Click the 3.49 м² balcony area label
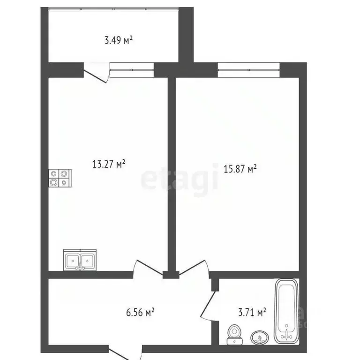pos(118,40)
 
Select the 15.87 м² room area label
pos(240,169)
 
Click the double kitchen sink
pos(80,260)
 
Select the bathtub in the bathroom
pos(285,311)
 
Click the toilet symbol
pos(234,332)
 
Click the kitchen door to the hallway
pos(146,270)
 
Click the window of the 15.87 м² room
pos(248,70)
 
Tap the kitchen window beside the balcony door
pos(132,70)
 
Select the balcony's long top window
pos(114,9)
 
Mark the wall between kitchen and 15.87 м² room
pos(172,173)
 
